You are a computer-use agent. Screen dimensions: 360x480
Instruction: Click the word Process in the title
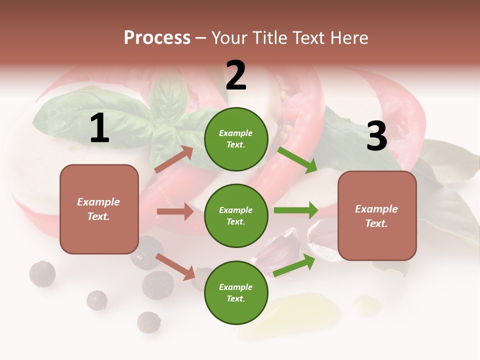(157, 38)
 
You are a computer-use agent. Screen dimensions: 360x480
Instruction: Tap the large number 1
(99, 128)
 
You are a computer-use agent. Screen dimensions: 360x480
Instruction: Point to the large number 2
(236, 75)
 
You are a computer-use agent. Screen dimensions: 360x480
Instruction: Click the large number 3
(376, 136)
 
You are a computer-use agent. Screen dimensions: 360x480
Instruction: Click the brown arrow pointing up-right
(174, 159)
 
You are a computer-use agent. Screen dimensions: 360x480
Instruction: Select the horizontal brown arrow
(175, 211)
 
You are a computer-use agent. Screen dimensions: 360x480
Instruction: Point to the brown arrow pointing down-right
(175, 266)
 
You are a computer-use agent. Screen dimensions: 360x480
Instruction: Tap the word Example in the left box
(98, 202)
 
